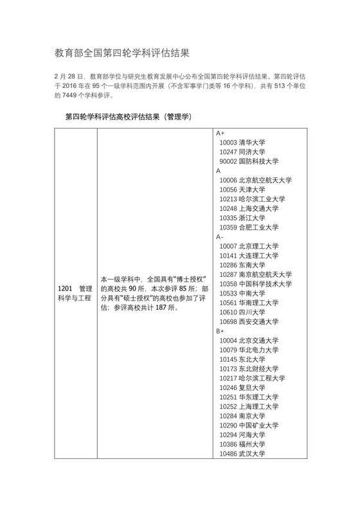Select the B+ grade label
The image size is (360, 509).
(x=221, y=330)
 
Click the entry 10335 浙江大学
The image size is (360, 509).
(x=242, y=218)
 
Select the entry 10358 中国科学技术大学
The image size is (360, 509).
(x=255, y=284)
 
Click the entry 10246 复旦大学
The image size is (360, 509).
(x=242, y=388)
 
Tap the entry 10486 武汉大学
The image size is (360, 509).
(x=242, y=454)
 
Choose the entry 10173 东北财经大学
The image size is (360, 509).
(x=249, y=369)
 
